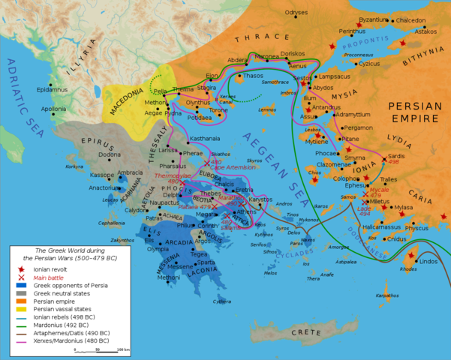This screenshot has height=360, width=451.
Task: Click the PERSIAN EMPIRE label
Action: click(414, 112)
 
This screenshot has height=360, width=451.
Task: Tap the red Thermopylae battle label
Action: click(167, 176)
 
